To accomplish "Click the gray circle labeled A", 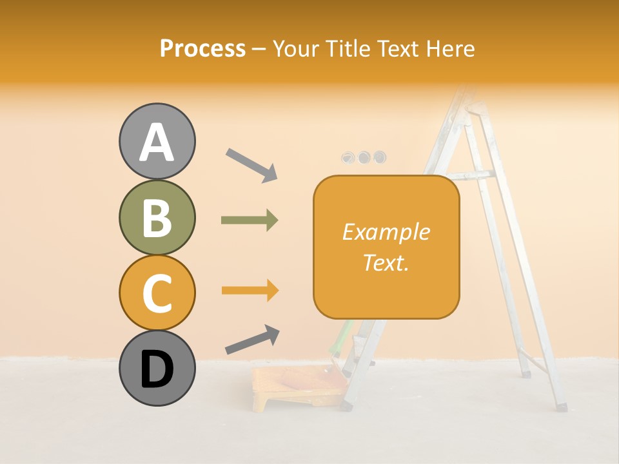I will (x=157, y=141).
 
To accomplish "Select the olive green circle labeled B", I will (x=157, y=217).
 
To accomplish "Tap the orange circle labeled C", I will (x=157, y=293).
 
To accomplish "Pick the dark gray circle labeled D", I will (x=157, y=368).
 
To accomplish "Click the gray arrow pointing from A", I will (x=251, y=165).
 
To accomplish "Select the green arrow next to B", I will (x=250, y=220).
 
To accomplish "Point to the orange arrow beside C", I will (x=250, y=291).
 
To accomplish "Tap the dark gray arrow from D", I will (x=252, y=340).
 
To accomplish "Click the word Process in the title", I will (x=202, y=48).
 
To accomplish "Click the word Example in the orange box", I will (x=386, y=232).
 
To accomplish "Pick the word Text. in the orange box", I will (x=386, y=262).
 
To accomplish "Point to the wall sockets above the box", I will (x=364, y=157).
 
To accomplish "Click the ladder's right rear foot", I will (x=562, y=407).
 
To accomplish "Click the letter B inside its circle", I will (x=157, y=217).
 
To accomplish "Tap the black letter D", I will (x=157, y=369).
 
